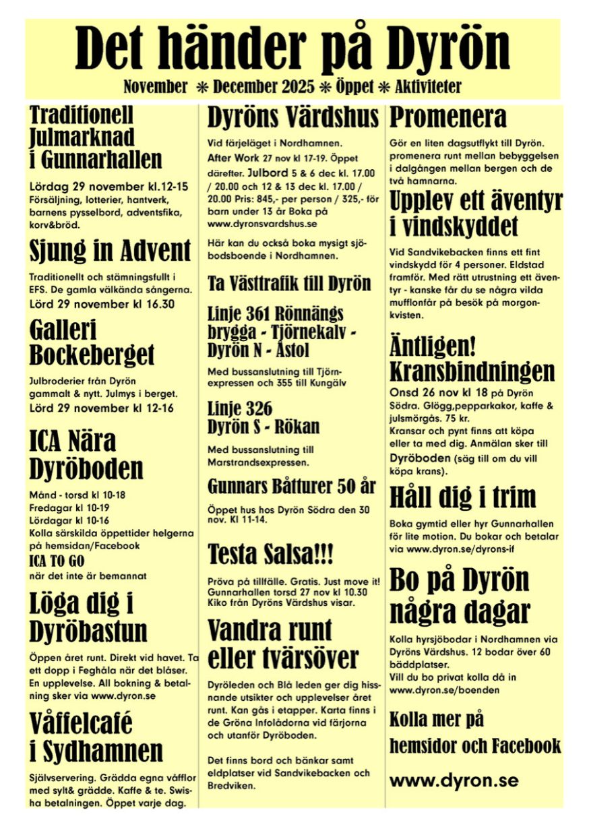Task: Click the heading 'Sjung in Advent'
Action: click(111, 251)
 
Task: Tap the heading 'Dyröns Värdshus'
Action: click(292, 118)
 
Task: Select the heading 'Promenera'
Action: click(448, 117)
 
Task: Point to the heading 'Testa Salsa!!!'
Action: click(271, 555)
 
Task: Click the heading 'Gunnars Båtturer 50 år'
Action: click(292, 486)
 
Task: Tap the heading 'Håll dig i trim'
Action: click(463, 497)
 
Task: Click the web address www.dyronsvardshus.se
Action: click(263, 222)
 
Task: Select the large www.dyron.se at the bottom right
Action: click(454, 780)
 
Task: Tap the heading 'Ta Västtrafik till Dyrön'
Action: click(289, 283)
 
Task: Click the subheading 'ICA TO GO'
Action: click(57, 561)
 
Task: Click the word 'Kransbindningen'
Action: click(472, 371)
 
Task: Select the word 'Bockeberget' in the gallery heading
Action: click(92, 354)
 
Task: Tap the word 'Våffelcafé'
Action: click(81, 723)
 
